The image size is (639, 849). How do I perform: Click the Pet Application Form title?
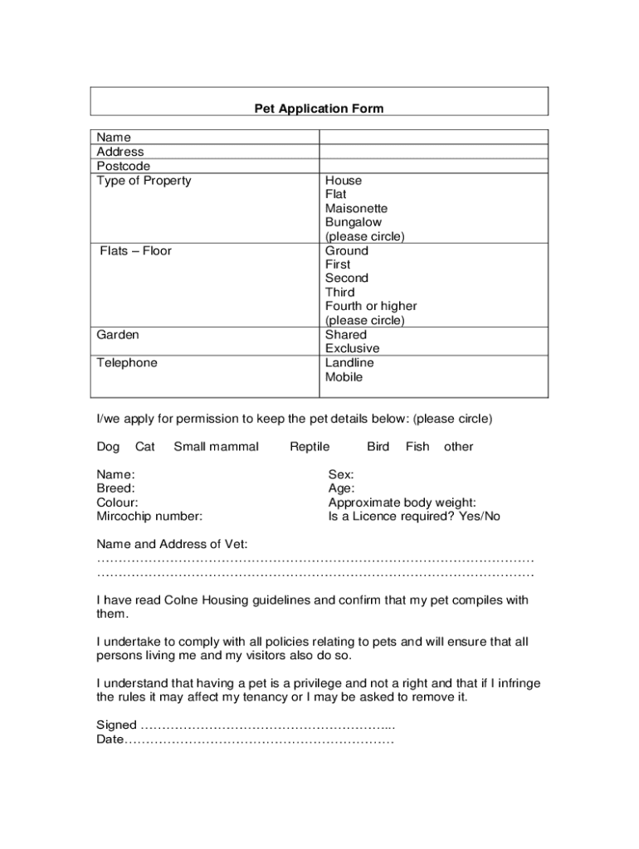319,109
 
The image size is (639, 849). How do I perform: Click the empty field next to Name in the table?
433,138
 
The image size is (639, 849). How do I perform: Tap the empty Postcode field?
433,166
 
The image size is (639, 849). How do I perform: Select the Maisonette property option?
356,209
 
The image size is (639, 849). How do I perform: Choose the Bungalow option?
354,223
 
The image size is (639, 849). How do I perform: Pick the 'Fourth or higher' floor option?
371,307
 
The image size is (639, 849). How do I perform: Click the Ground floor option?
347,251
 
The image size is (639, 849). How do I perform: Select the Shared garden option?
346,335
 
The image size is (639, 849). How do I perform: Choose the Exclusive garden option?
352,349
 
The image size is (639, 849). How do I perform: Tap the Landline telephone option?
349,363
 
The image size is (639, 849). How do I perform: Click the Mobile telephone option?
344,377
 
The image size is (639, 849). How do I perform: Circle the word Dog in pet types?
108,447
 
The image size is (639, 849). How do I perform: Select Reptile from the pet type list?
310,447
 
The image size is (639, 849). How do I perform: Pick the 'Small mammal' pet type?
216,447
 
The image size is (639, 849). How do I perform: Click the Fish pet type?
417,447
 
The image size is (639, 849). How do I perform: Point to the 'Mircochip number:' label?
149,517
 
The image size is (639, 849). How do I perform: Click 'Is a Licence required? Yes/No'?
414,517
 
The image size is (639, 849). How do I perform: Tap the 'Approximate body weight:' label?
402,502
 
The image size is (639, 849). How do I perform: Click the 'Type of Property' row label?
144,181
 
